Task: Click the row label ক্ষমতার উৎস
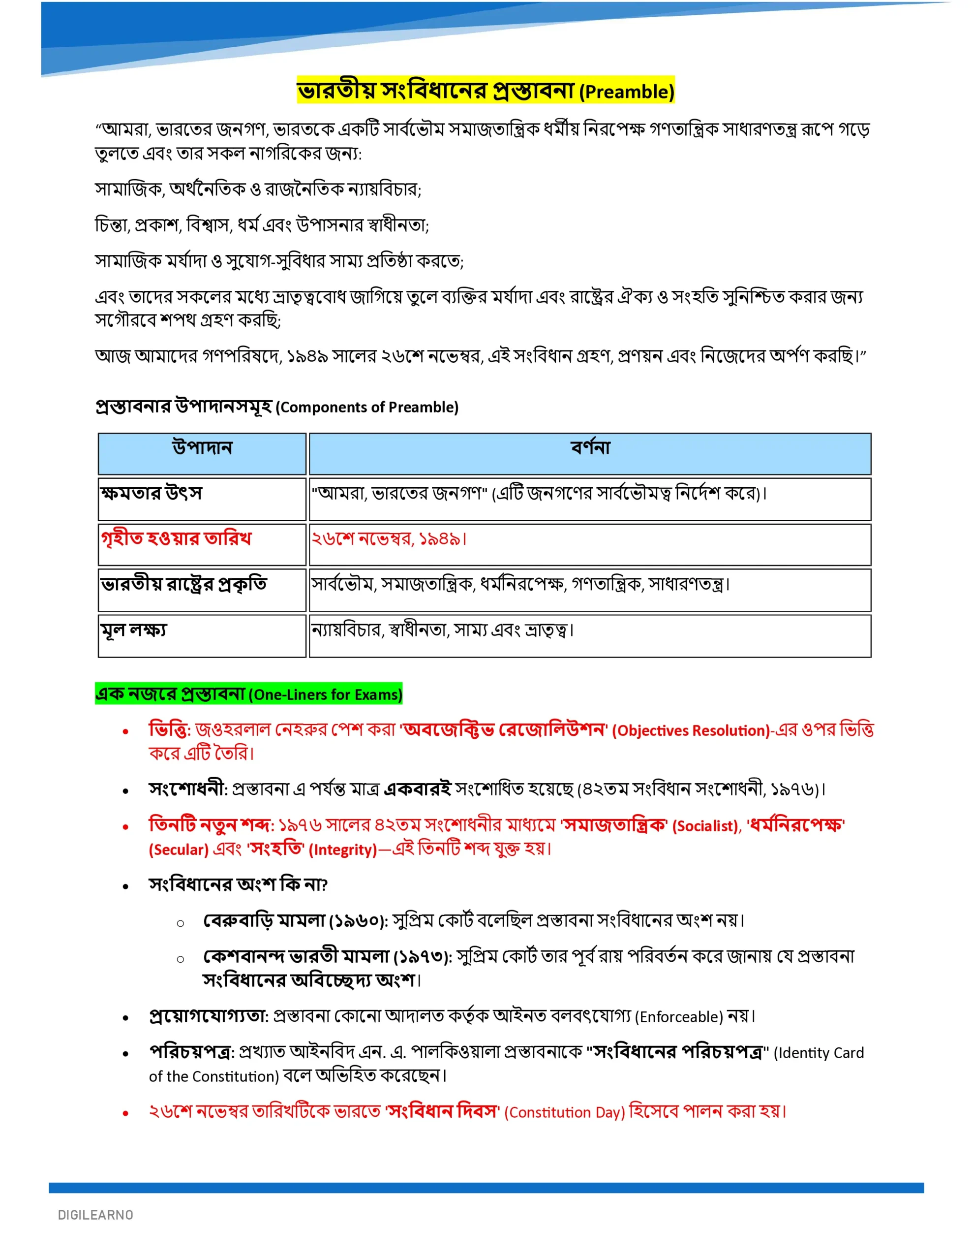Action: pyautogui.click(x=151, y=493)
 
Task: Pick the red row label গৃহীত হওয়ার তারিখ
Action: pyautogui.click(x=176, y=538)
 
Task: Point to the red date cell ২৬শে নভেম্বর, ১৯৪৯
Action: pyautogui.click(x=389, y=539)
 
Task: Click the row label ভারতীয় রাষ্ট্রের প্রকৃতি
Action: pyautogui.click(x=183, y=584)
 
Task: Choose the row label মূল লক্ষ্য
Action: pyautogui.click(x=134, y=630)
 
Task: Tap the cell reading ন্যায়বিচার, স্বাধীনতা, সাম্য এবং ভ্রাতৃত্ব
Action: pyautogui.click(x=442, y=630)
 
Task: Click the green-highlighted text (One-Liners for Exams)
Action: pyautogui.click(x=325, y=694)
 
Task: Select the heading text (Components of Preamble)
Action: pyautogui.click(x=367, y=408)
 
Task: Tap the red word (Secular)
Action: pyautogui.click(x=178, y=850)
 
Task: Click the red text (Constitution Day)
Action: pyautogui.click(x=564, y=1112)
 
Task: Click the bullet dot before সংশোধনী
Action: pyautogui.click(x=125, y=791)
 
